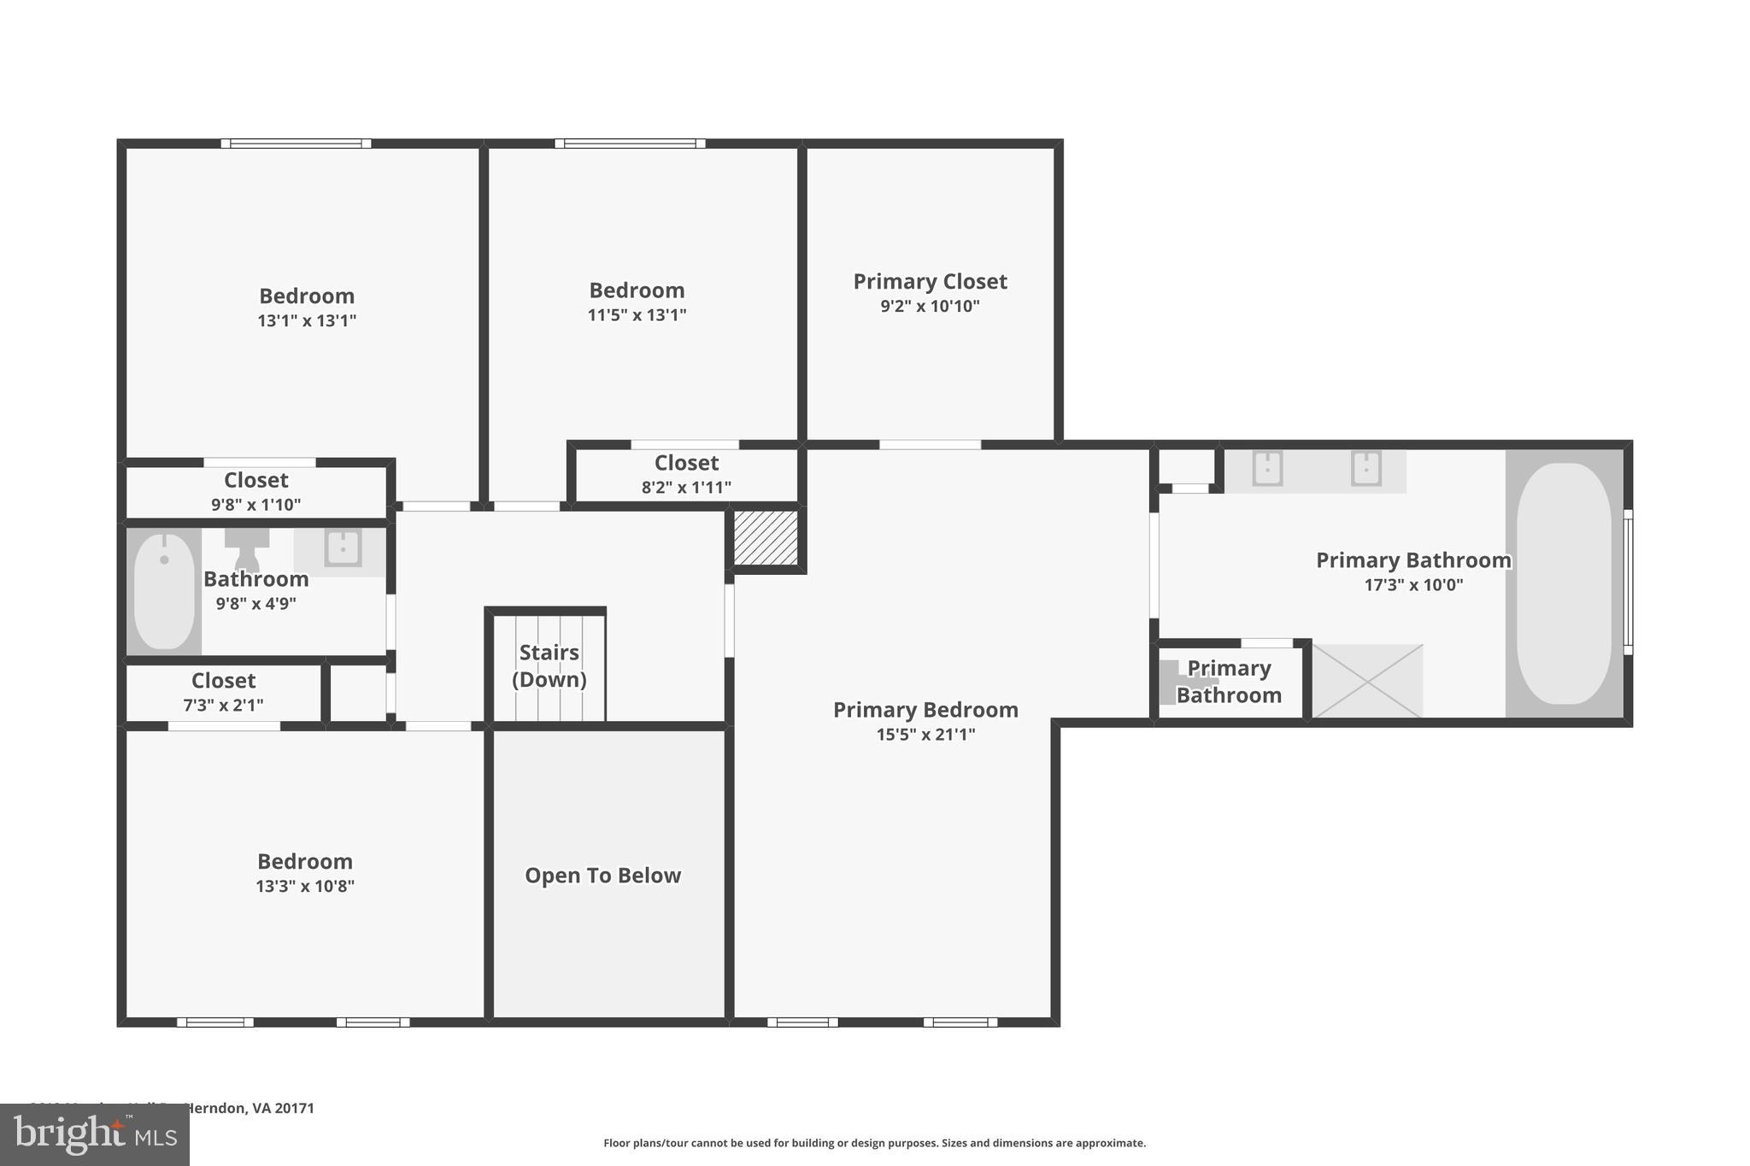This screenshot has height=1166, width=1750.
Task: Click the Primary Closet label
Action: coord(930,281)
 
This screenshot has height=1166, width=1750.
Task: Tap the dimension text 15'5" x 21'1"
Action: coord(925,735)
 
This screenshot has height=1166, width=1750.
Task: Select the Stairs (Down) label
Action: coord(549,665)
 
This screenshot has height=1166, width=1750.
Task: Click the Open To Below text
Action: coord(602,876)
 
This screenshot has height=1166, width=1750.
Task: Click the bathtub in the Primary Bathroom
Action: coord(1563,583)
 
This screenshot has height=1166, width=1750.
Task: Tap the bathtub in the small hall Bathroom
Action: coord(164,590)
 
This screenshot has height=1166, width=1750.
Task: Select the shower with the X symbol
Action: coord(1367,681)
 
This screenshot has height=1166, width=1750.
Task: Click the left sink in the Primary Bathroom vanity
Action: coord(1266,468)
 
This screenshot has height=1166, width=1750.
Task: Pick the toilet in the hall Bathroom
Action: coord(247,547)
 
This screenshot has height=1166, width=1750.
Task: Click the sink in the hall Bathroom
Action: coord(343,548)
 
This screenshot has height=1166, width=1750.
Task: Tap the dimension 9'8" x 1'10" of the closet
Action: coord(255,505)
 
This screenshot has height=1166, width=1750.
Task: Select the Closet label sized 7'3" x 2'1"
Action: coord(223,681)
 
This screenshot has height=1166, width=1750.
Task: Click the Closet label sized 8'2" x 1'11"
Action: coord(686,463)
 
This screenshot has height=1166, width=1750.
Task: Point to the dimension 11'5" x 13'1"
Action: coord(637,315)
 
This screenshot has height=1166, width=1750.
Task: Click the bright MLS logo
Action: coord(94,1134)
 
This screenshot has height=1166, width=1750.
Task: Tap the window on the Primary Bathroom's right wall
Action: coord(1628,583)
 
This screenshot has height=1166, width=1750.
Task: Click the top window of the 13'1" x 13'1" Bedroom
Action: coord(296,144)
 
